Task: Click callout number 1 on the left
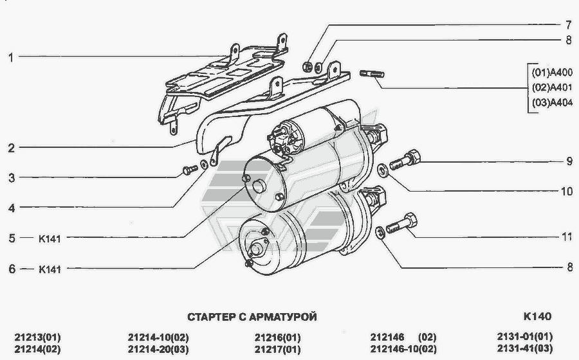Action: pos(11,57)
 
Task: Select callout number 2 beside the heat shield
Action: pos(12,148)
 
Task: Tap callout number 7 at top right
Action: pos(568,25)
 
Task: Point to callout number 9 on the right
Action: pos(569,161)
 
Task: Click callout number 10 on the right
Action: pos(567,191)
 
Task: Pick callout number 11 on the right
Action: pos(567,237)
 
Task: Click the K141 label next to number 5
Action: pos(50,239)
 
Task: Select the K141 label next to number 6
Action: pos(50,269)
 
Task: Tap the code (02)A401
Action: pos(552,87)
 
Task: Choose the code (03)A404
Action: pos(552,102)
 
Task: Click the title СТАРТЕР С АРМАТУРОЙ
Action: pos(252,317)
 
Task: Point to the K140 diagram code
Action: pos(537,316)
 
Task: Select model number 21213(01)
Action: pos(38,337)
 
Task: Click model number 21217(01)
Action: pos(278,349)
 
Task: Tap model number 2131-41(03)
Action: pos(525,348)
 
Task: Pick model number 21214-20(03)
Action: pos(158,349)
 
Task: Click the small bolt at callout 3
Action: pos(190,170)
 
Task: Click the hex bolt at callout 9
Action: pos(405,159)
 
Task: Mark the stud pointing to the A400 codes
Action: pos(372,73)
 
